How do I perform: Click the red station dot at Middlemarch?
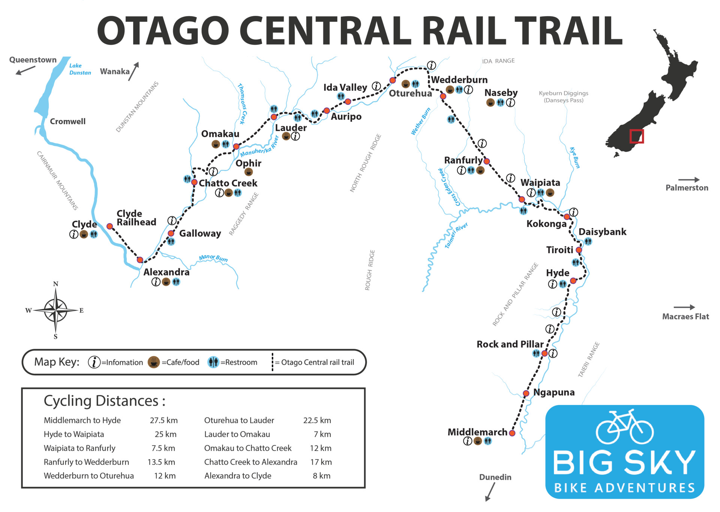pos(512,433)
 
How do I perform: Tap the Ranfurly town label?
pos(463,160)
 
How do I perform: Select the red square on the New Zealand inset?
pos(636,136)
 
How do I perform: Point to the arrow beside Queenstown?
pos(25,70)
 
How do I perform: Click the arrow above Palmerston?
pos(688,180)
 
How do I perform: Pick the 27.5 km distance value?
pos(163,420)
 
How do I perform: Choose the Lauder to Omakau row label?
pos(237,434)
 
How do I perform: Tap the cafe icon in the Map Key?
pos(154,362)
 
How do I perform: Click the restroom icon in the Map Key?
pos(213,362)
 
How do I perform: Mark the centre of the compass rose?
pos(55,310)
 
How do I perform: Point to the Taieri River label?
pos(456,235)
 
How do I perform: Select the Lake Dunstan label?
pos(80,69)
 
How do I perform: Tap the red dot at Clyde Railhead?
pos(109,226)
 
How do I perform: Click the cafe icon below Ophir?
pos(248,172)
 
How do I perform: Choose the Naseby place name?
pos(501,93)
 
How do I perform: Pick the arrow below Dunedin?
pos(490,492)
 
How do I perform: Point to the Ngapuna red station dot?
pos(526,393)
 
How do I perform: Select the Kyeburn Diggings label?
pos(563,97)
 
